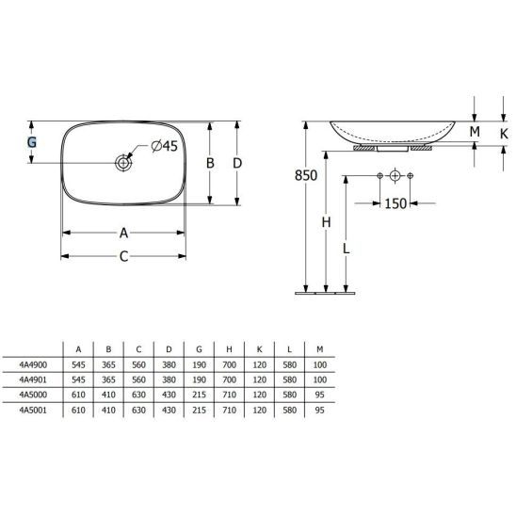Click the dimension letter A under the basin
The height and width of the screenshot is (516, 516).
coord(122,233)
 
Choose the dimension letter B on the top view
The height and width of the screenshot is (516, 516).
coord(212,162)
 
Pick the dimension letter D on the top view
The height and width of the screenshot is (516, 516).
coord(238,162)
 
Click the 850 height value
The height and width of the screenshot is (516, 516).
coord(306,175)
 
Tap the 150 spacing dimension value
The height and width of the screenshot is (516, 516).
coord(396,203)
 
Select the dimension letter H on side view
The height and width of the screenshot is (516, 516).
coord(326,222)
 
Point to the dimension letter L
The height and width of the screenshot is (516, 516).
coord(347,249)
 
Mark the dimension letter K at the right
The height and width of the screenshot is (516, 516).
coord(504,132)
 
